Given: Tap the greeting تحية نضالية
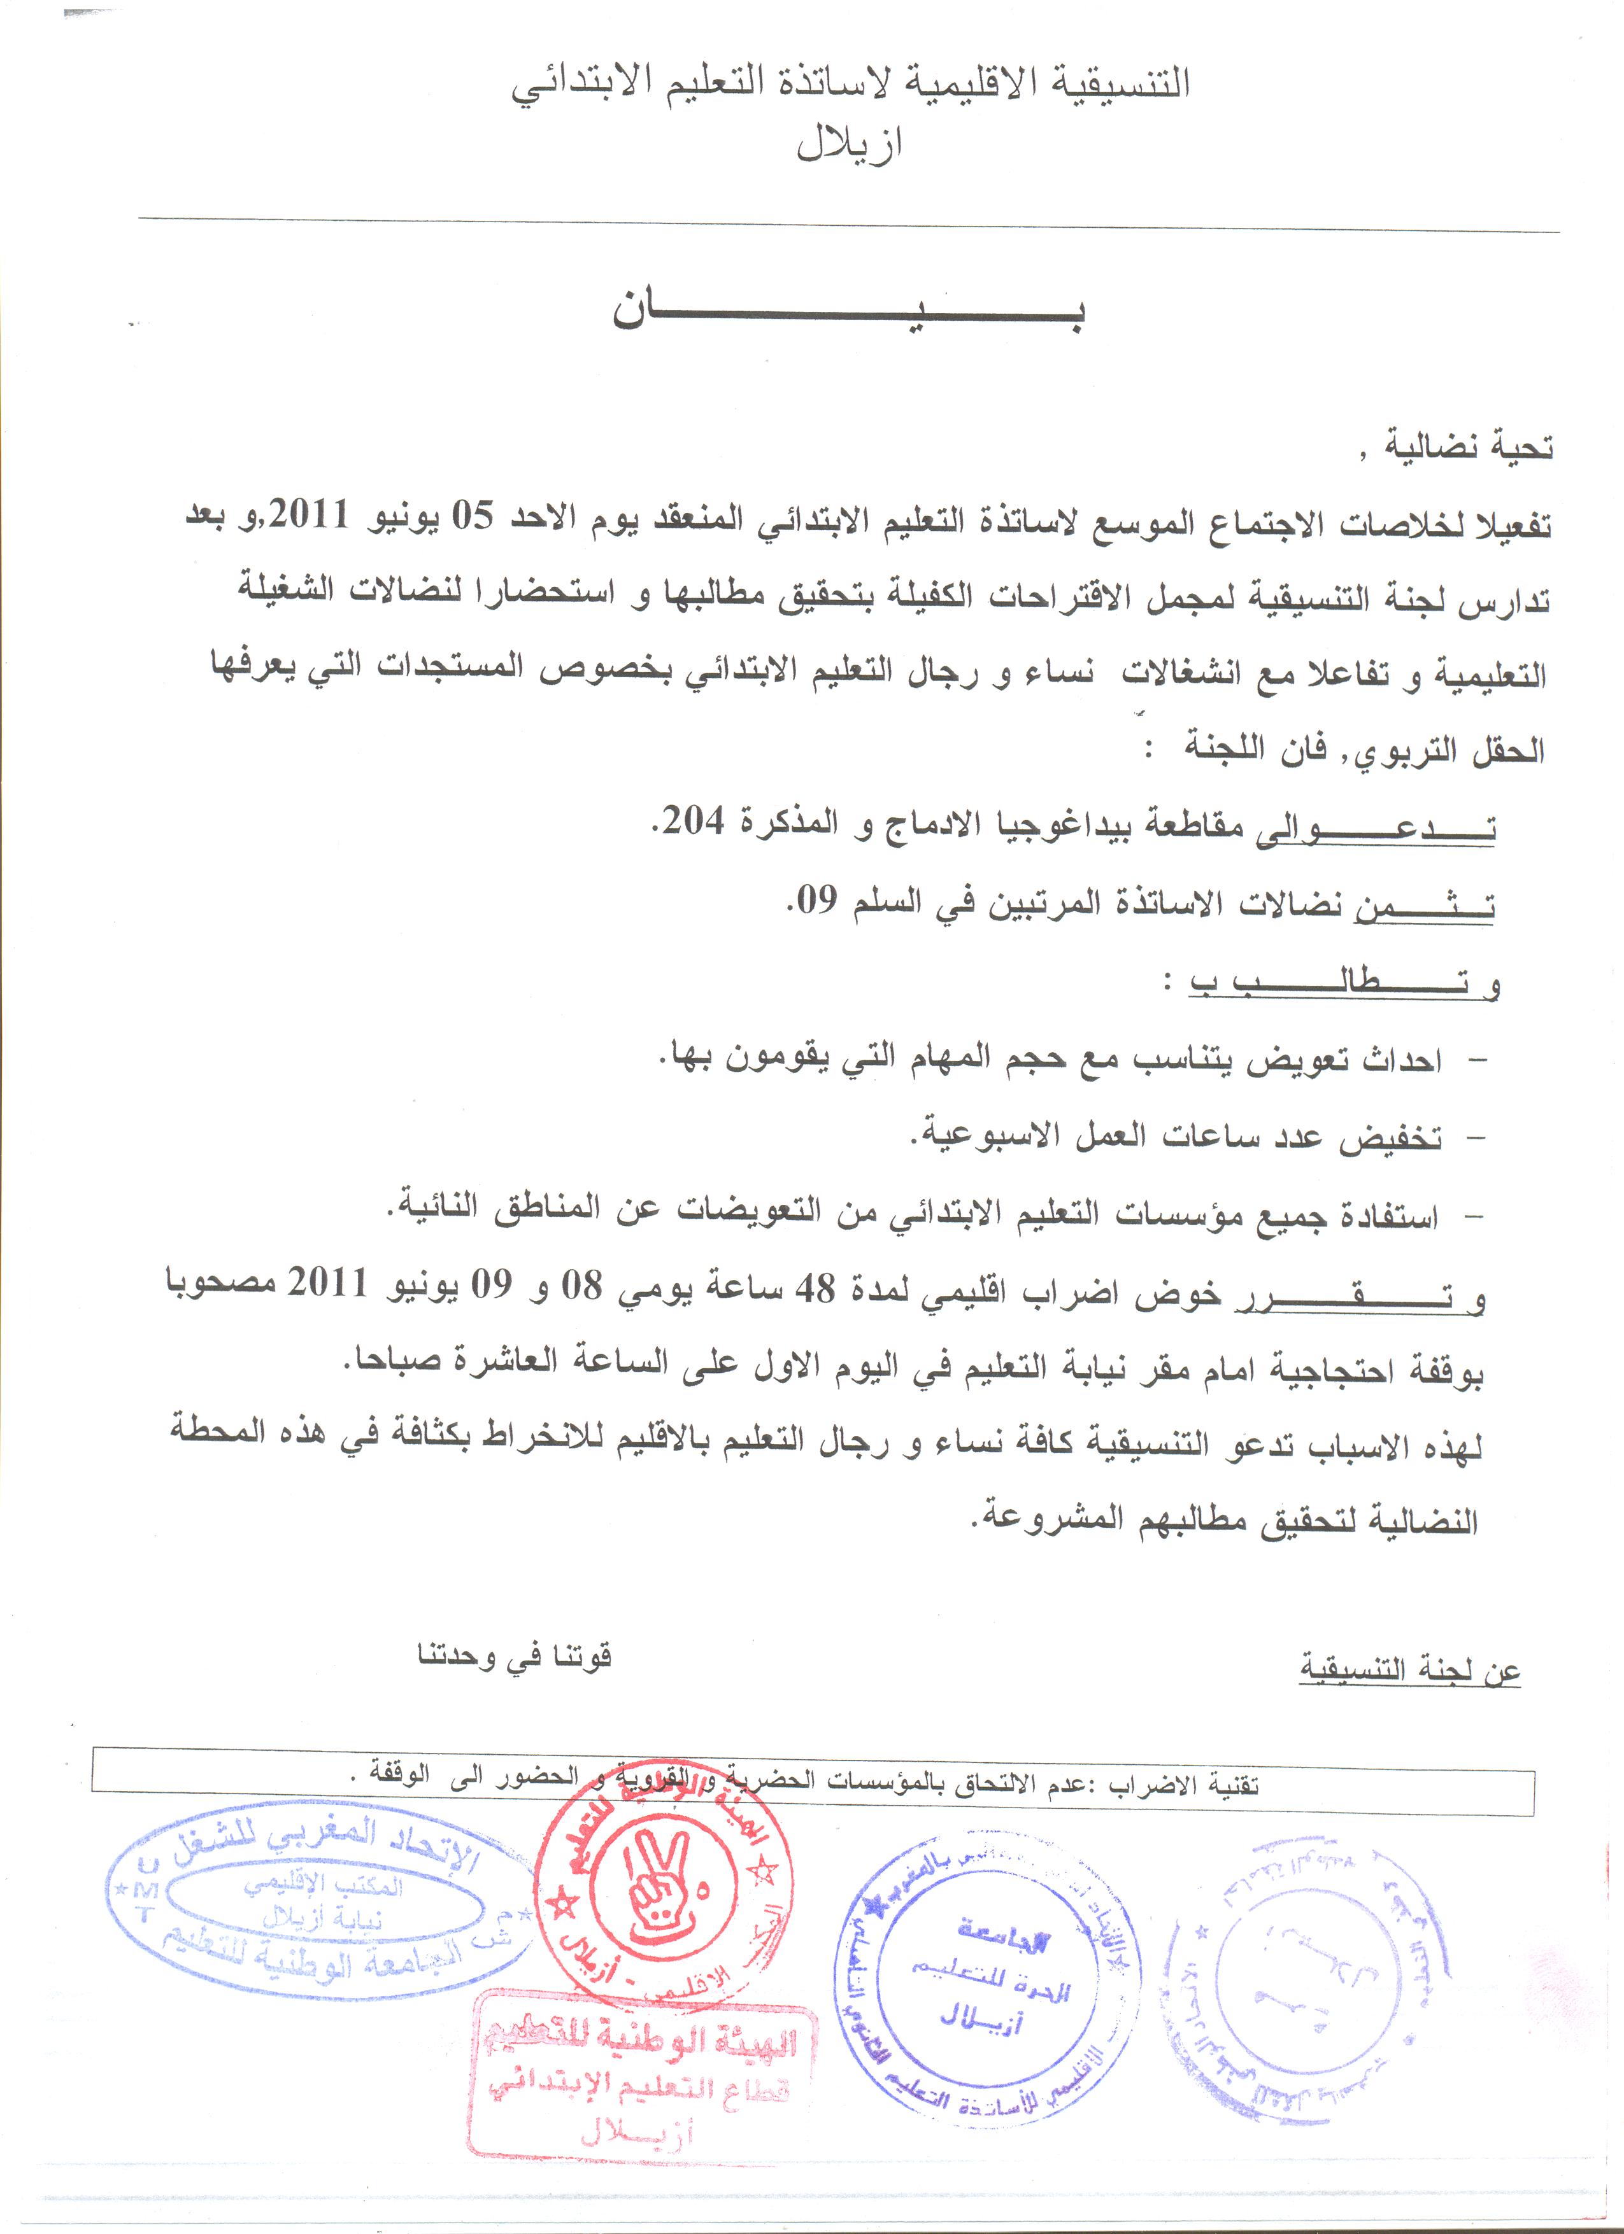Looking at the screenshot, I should tap(1469, 448).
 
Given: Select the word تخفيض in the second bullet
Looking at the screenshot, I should tap(1390, 1139).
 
